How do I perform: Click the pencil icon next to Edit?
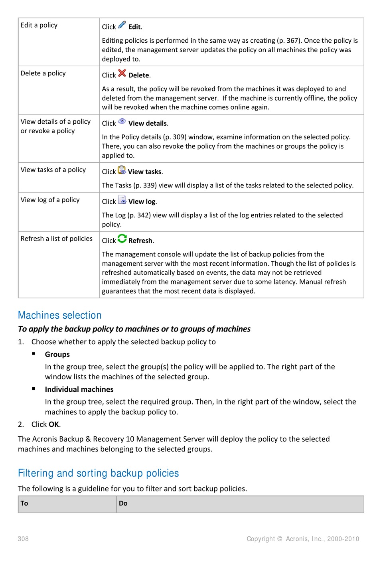[122, 25]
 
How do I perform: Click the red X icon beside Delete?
[122, 73]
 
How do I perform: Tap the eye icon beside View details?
[122, 121]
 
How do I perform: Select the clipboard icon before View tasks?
[122, 170]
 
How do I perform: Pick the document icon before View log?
[122, 200]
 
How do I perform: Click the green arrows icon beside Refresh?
[122, 239]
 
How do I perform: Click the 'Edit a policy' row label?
[39, 25]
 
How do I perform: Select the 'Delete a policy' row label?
[43, 73]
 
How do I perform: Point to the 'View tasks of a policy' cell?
[53, 170]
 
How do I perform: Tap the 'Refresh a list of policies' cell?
[57, 239]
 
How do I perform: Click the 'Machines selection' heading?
[60, 315]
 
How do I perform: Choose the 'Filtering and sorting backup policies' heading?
[98, 473]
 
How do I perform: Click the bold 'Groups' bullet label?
[57, 354]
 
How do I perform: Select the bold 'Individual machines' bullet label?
[79, 389]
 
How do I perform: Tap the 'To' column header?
[24, 503]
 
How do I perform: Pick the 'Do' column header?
[123, 503]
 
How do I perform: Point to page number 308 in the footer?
[23, 539]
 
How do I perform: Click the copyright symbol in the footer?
[279, 539]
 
